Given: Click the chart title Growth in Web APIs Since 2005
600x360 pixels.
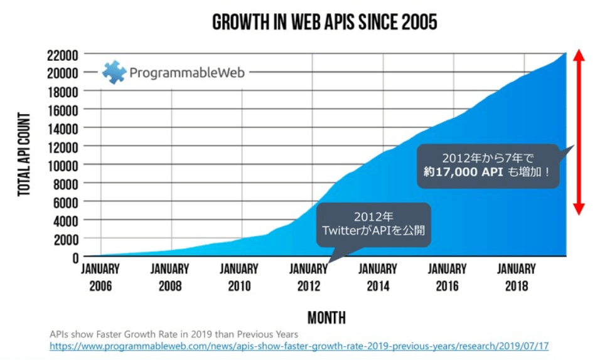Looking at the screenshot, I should tap(324, 23).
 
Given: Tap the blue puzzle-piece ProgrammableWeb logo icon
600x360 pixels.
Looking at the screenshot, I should tap(114, 72).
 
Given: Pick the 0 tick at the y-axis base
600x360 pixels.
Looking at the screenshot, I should tap(75, 257).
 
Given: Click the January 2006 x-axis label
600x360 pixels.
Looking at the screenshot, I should tap(100, 277).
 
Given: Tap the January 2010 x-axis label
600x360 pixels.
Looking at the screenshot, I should tap(239, 277).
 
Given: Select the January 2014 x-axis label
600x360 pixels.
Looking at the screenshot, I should tap(378, 277).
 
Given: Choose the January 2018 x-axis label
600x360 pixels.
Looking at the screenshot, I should tap(517, 277).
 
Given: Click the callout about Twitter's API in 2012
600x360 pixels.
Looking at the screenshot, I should tap(373, 224).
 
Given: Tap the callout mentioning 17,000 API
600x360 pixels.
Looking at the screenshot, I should tap(488, 165).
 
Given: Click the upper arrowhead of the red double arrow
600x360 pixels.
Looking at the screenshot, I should tap(579, 56).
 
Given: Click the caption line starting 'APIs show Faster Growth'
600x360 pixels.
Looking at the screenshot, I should tap(174, 334).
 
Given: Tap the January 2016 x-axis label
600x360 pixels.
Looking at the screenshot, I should tap(447, 277).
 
